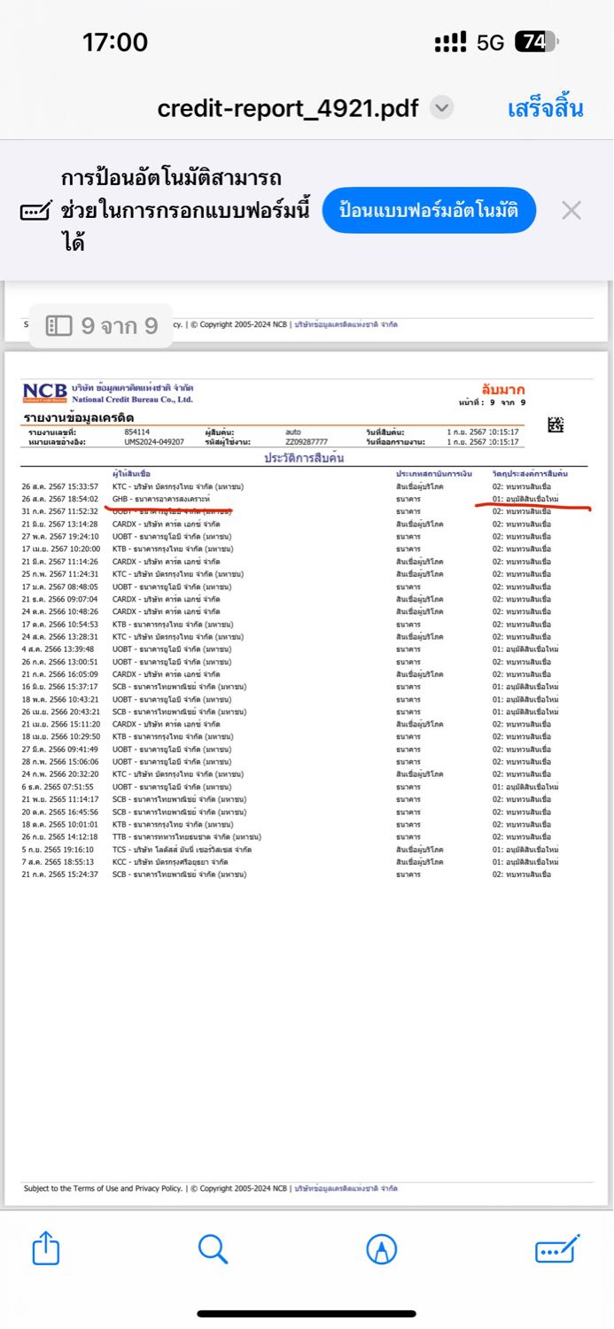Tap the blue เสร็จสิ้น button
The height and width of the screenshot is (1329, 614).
pos(545,109)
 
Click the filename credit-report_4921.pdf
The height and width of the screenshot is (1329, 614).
pos(288,109)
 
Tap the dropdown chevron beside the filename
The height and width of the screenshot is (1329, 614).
pos(441,108)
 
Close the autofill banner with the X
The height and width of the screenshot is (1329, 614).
pos(571,211)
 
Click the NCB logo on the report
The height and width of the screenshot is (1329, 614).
pos(45,392)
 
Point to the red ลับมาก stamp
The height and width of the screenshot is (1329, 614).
pos(502,390)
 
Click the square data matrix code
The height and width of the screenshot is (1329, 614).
pos(556,424)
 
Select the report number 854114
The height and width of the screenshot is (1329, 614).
pos(137,431)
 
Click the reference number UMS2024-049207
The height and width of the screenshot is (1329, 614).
pos(154,441)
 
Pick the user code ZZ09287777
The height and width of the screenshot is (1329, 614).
pos(307,441)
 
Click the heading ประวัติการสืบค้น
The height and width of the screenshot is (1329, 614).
pos(304,458)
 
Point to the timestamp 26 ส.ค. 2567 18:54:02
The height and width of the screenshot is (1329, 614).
pos(60,500)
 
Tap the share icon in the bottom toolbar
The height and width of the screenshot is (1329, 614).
pos(45,1249)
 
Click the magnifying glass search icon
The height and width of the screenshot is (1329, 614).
pos(213,1249)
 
